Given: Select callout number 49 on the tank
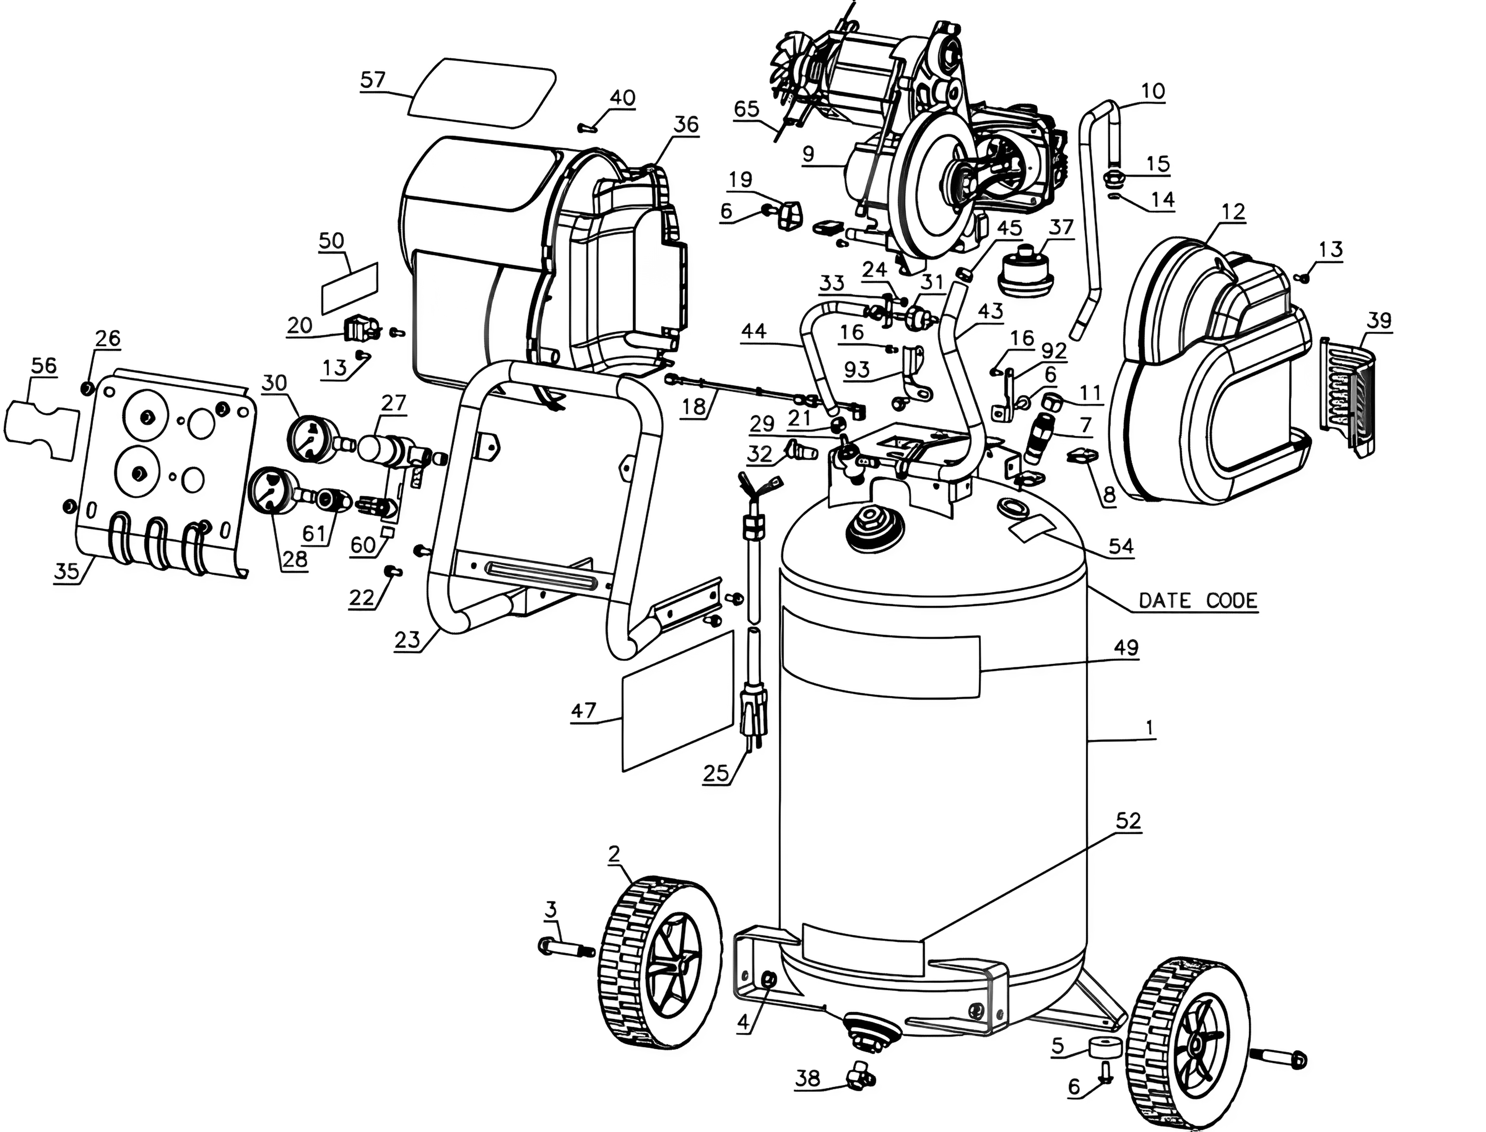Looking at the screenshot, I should click(1126, 647).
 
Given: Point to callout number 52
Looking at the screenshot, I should click(1128, 821).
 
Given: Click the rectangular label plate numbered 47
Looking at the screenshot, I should click(677, 701).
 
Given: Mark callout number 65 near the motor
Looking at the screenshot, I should click(746, 109).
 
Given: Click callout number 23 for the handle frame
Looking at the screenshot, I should click(407, 639).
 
